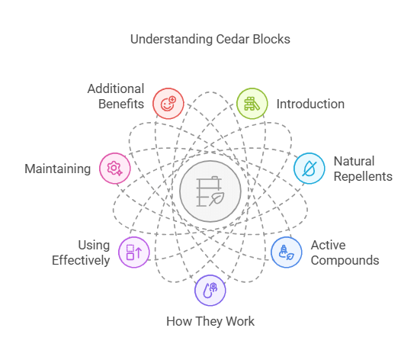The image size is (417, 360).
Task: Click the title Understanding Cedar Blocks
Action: click(208, 39)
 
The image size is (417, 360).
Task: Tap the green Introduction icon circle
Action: click(251, 103)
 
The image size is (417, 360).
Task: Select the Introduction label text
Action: click(310, 104)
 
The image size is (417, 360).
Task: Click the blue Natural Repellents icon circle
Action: click(309, 169)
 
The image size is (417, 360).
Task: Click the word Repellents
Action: click(362, 176)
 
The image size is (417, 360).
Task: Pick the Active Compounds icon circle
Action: click(286, 252)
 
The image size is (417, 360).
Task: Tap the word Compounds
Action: click(345, 260)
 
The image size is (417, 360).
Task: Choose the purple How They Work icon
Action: click(210, 289)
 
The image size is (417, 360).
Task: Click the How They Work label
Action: click(210, 321)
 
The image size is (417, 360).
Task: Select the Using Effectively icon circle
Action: click(134, 251)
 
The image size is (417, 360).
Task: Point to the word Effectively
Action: click(81, 260)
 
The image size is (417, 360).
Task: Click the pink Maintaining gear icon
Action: click(114, 169)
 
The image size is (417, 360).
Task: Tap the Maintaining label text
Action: click(58, 169)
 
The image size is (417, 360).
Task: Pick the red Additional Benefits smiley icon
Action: click(168, 102)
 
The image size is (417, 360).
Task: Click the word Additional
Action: click(115, 88)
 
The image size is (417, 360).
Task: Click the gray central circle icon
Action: click(209, 191)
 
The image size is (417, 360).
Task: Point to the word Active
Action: click(329, 246)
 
